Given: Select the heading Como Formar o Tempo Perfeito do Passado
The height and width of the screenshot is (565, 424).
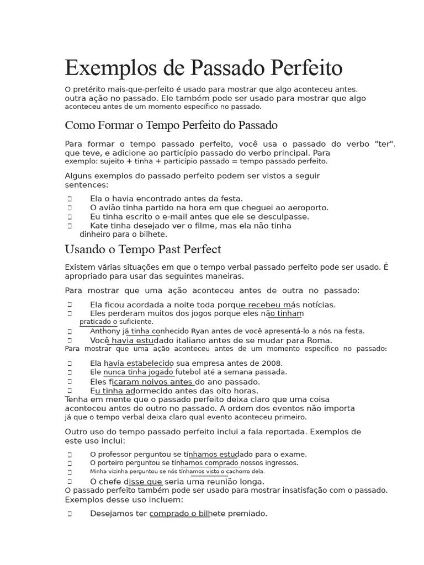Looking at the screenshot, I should (171, 125).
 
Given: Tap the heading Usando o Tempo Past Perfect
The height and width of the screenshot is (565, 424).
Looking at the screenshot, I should (142, 249).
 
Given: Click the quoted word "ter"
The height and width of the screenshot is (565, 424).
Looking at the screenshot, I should (385, 143).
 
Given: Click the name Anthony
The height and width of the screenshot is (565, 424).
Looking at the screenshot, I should (104, 331).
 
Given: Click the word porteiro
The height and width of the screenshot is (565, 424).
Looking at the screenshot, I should (116, 463).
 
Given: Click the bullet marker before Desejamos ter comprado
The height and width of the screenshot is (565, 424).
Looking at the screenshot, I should (70, 514).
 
